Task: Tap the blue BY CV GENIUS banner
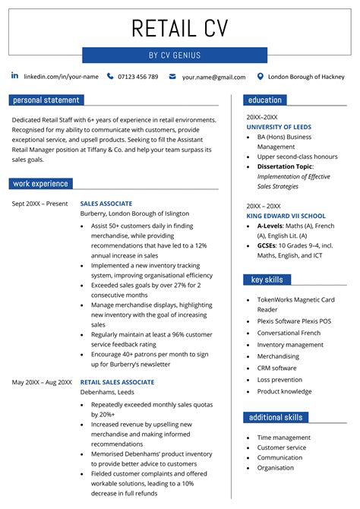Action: (175, 55)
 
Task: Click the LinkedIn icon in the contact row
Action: (14, 76)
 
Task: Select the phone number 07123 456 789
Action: (137, 77)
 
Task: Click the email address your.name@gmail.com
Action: (213, 77)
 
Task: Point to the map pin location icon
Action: (261, 76)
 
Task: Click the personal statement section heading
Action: (46, 100)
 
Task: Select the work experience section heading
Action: (41, 183)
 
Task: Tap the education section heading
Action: (265, 100)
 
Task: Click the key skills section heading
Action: (267, 280)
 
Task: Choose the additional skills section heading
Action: (276, 417)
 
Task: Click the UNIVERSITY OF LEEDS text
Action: (279, 127)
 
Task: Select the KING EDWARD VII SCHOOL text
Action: (286, 216)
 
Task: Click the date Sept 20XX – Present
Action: (39, 204)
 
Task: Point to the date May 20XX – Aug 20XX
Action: (42, 382)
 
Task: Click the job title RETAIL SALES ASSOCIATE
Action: (117, 382)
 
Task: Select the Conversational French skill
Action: (289, 333)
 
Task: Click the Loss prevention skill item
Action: (279, 379)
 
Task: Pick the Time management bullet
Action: (283, 438)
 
